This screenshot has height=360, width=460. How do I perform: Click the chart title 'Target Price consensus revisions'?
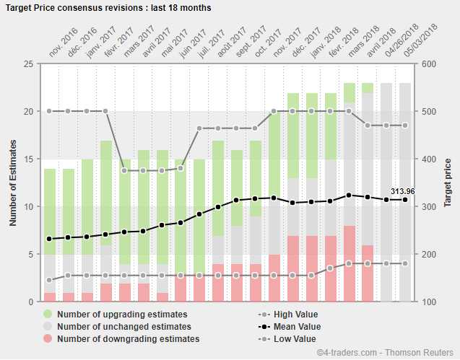click(x=108, y=8)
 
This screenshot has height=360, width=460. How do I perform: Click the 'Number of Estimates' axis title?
click(x=13, y=183)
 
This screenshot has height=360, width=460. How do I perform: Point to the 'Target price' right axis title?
click(x=448, y=183)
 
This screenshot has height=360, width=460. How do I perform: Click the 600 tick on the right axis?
click(x=428, y=64)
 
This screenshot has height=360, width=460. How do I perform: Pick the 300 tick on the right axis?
click(x=428, y=207)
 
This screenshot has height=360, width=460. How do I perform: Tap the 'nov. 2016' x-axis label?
click(x=63, y=45)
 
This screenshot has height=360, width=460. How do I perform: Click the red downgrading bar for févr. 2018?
click(x=350, y=263)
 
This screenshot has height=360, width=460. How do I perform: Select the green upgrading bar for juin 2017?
click(x=199, y=216)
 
